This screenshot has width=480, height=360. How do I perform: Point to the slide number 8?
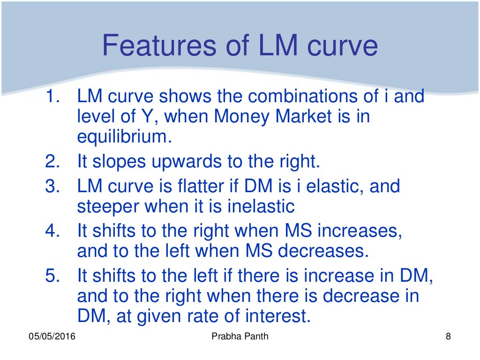[448, 337]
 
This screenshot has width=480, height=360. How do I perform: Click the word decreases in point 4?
[321, 251]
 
